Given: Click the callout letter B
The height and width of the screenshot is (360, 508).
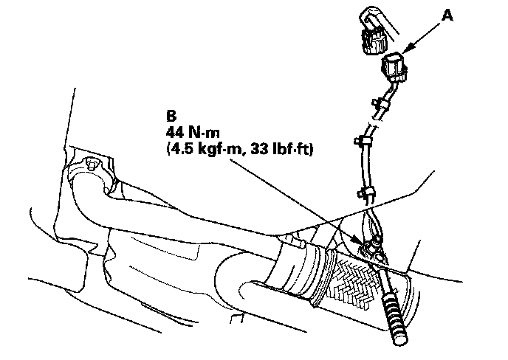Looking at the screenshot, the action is click(172, 116).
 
